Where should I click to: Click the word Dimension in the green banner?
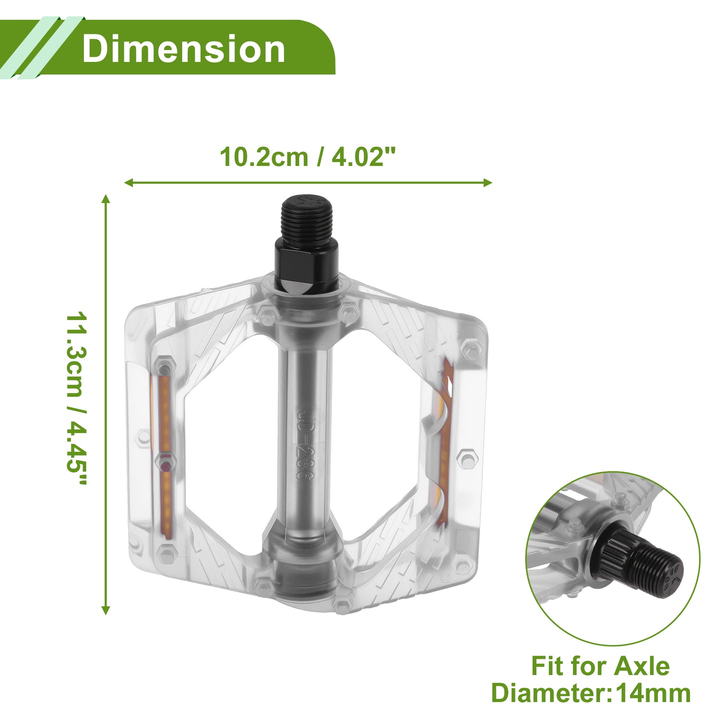pos(183,49)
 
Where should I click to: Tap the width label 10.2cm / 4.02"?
pos(307,156)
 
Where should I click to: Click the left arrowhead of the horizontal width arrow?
pos(128,182)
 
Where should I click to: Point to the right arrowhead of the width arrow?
pos(487,182)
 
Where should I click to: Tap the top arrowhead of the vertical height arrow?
pos(106,199)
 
